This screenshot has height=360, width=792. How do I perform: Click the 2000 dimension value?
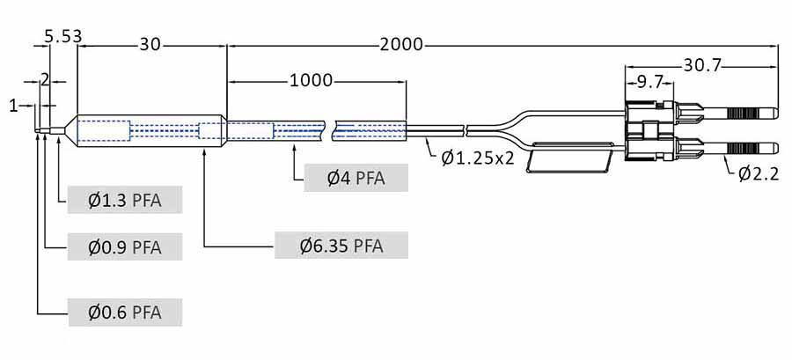(401, 44)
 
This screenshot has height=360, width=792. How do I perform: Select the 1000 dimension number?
(311, 81)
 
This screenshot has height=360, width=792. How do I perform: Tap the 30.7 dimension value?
(701, 64)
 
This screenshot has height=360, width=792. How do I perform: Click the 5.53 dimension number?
(62, 36)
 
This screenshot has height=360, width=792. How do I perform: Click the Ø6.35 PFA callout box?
(341, 246)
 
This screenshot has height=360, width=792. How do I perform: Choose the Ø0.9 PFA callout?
(125, 246)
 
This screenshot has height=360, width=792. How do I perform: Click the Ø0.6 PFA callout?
(125, 312)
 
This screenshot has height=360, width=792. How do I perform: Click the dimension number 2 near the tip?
(45, 79)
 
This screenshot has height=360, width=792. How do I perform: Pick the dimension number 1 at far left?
(13, 106)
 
